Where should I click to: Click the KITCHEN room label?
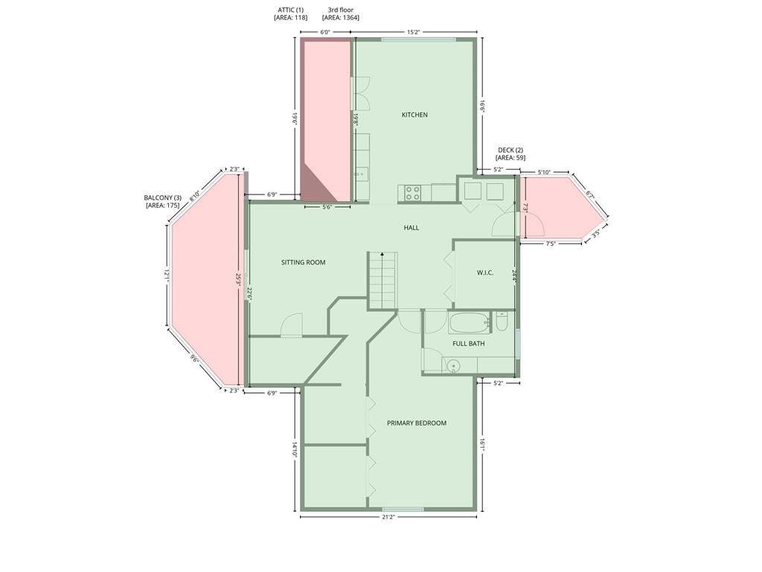[x=414, y=115]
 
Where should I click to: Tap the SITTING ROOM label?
[x=304, y=262]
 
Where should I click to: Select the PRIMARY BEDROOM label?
[x=417, y=423]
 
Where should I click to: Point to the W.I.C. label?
[x=485, y=273]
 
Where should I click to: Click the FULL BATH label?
[x=469, y=343]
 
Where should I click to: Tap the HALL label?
[x=411, y=228]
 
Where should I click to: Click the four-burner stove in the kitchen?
[x=413, y=193]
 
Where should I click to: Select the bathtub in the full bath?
[x=469, y=323]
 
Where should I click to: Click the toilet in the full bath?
[x=502, y=321]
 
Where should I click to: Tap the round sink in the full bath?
[x=453, y=366]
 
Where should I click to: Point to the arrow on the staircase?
[x=382, y=279]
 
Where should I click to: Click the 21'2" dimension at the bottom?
[x=388, y=517]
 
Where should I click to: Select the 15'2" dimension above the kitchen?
[x=413, y=32]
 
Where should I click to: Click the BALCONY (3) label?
[x=162, y=198]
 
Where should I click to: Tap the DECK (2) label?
[x=510, y=150]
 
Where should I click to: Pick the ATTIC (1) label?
[x=291, y=10]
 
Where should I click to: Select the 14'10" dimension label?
[x=295, y=448]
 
